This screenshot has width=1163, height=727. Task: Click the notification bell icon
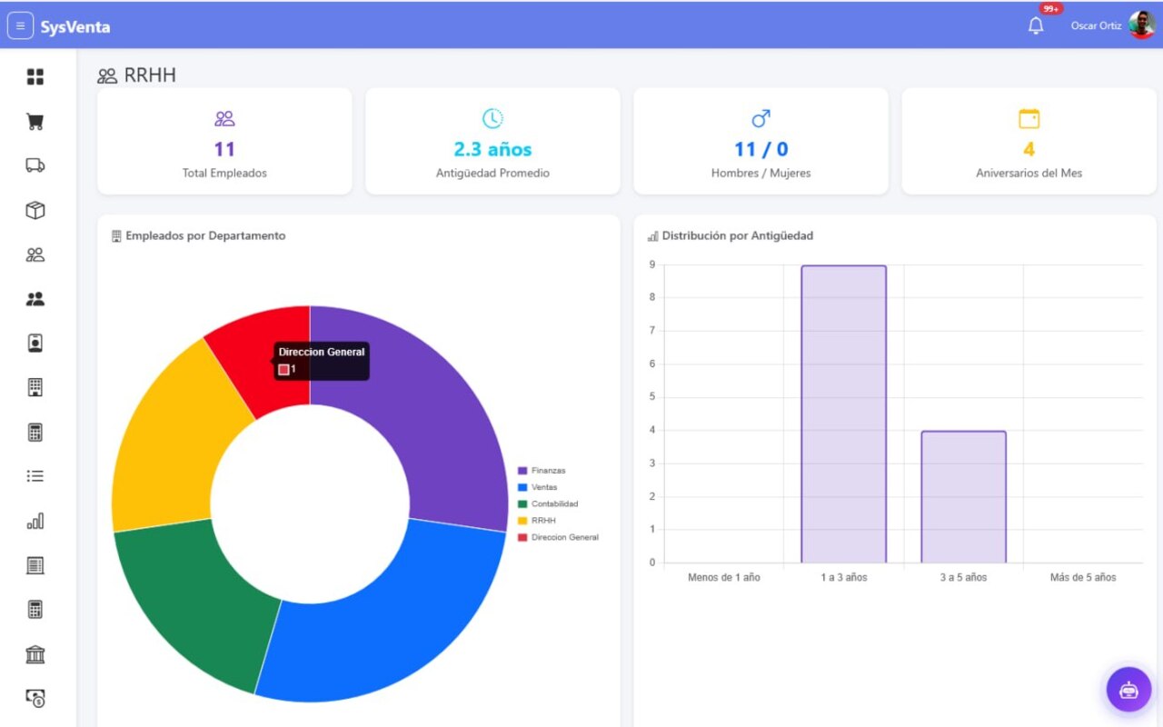point(1035,25)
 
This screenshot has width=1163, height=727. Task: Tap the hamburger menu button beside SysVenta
point(20,25)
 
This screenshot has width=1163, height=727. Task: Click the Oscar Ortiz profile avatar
point(1142,25)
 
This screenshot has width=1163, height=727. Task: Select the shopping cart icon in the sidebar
point(35,122)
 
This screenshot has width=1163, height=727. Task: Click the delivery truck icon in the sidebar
point(35,165)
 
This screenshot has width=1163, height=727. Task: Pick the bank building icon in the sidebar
point(35,654)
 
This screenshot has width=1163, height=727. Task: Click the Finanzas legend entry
point(542,471)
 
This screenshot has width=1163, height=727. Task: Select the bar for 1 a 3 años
point(844,413)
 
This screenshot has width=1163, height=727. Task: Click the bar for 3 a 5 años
point(964,497)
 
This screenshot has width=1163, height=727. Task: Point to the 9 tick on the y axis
point(652,264)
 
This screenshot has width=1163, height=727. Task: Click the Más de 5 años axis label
point(1083,577)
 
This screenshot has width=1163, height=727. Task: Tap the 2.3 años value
point(492,150)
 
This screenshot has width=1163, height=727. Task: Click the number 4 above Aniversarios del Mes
point(1029,150)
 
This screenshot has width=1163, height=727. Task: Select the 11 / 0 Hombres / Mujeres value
point(760,150)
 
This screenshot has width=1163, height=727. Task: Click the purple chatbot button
point(1128,690)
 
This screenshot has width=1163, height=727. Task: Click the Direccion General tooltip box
point(322,361)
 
